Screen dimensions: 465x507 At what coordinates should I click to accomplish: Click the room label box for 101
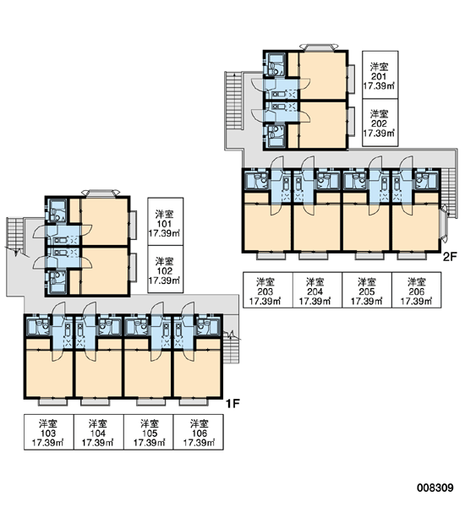(x=166, y=221)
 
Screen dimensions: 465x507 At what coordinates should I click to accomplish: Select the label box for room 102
(x=166, y=270)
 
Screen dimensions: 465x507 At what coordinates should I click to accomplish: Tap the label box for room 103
(x=49, y=432)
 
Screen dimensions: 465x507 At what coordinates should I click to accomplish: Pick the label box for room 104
(x=99, y=432)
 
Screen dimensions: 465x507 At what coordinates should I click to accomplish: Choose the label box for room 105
(x=149, y=432)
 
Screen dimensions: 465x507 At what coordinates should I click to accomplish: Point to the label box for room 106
(x=199, y=432)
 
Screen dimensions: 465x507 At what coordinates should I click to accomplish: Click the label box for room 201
(x=380, y=74)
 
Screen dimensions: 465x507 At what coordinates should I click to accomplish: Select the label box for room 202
(x=380, y=123)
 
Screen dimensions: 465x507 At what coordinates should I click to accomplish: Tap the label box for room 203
(x=268, y=290)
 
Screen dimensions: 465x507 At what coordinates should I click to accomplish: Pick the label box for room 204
(x=317, y=290)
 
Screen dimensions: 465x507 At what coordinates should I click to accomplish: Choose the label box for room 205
(x=367, y=290)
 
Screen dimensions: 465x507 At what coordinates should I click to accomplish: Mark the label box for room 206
(x=417, y=290)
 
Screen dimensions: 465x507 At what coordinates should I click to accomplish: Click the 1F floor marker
(x=232, y=404)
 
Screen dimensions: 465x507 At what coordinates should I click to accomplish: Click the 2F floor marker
(x=450, y=257)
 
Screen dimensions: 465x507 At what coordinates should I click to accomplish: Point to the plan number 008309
(x=435, y=488)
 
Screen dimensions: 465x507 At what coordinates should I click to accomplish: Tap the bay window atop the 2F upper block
(x=319, y=46)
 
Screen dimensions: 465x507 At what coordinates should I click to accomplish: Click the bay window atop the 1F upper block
(x=101, y=193)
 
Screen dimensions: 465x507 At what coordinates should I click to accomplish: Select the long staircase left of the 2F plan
(x=232, y=101)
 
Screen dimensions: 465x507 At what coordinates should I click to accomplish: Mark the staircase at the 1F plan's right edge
(x=231, y=350)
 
